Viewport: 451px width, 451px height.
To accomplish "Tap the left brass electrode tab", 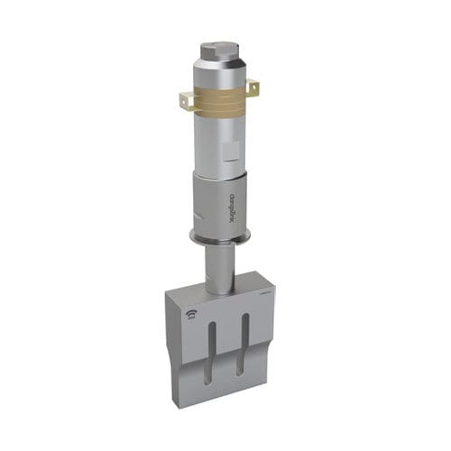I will click(187, 101).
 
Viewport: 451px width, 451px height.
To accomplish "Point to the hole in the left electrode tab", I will click(185, 102).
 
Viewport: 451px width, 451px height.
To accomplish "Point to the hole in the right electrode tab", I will click(253, 87).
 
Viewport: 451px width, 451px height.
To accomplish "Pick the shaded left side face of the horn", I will click(170, 347).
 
